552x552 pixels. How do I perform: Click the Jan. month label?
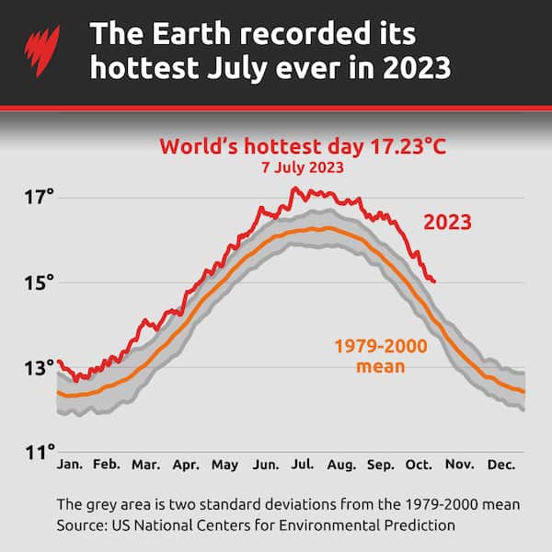pyautogui.click(x=70, y=466)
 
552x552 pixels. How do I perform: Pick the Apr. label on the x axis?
pyautogui.click(x=186, y=466)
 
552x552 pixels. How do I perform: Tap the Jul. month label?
pyautogui.click(x=304, y=466)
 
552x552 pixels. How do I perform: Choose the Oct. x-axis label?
pyautogui.click(x=419, y=466)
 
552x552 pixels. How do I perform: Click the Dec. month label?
pyautogui.click(x=502, y=466)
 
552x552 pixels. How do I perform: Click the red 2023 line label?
pyautogui.click(x=447, y=223)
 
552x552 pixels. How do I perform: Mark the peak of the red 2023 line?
pyautogui.click(x=293, y=188)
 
